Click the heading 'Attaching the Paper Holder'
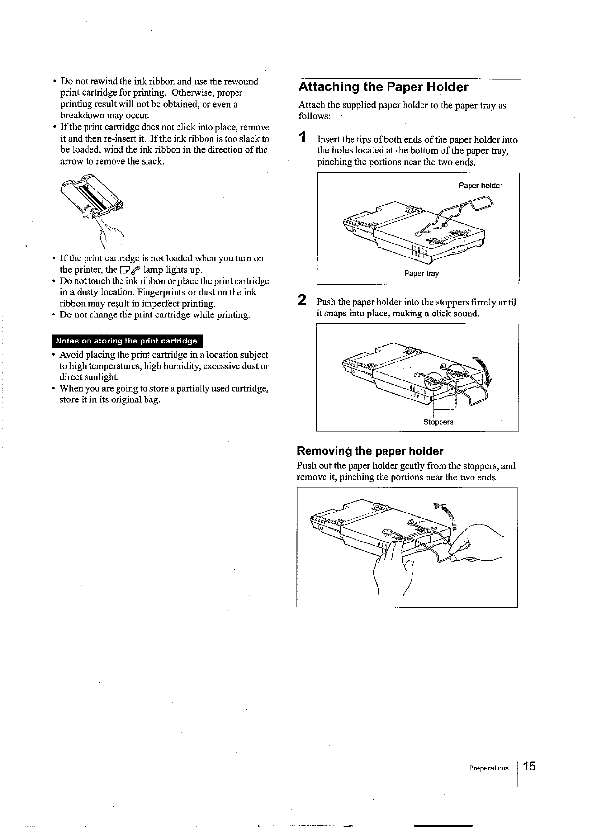pos(383,87)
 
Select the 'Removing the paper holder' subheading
pos(370,451)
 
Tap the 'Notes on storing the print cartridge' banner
pos(126,341)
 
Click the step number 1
pos(304,138)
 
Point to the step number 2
pos(303,300)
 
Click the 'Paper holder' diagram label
pos(480,186)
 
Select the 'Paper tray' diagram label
pos(421,273)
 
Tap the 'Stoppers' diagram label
pos(439,422)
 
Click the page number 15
pos(530,766)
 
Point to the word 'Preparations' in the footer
pos(489,768)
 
